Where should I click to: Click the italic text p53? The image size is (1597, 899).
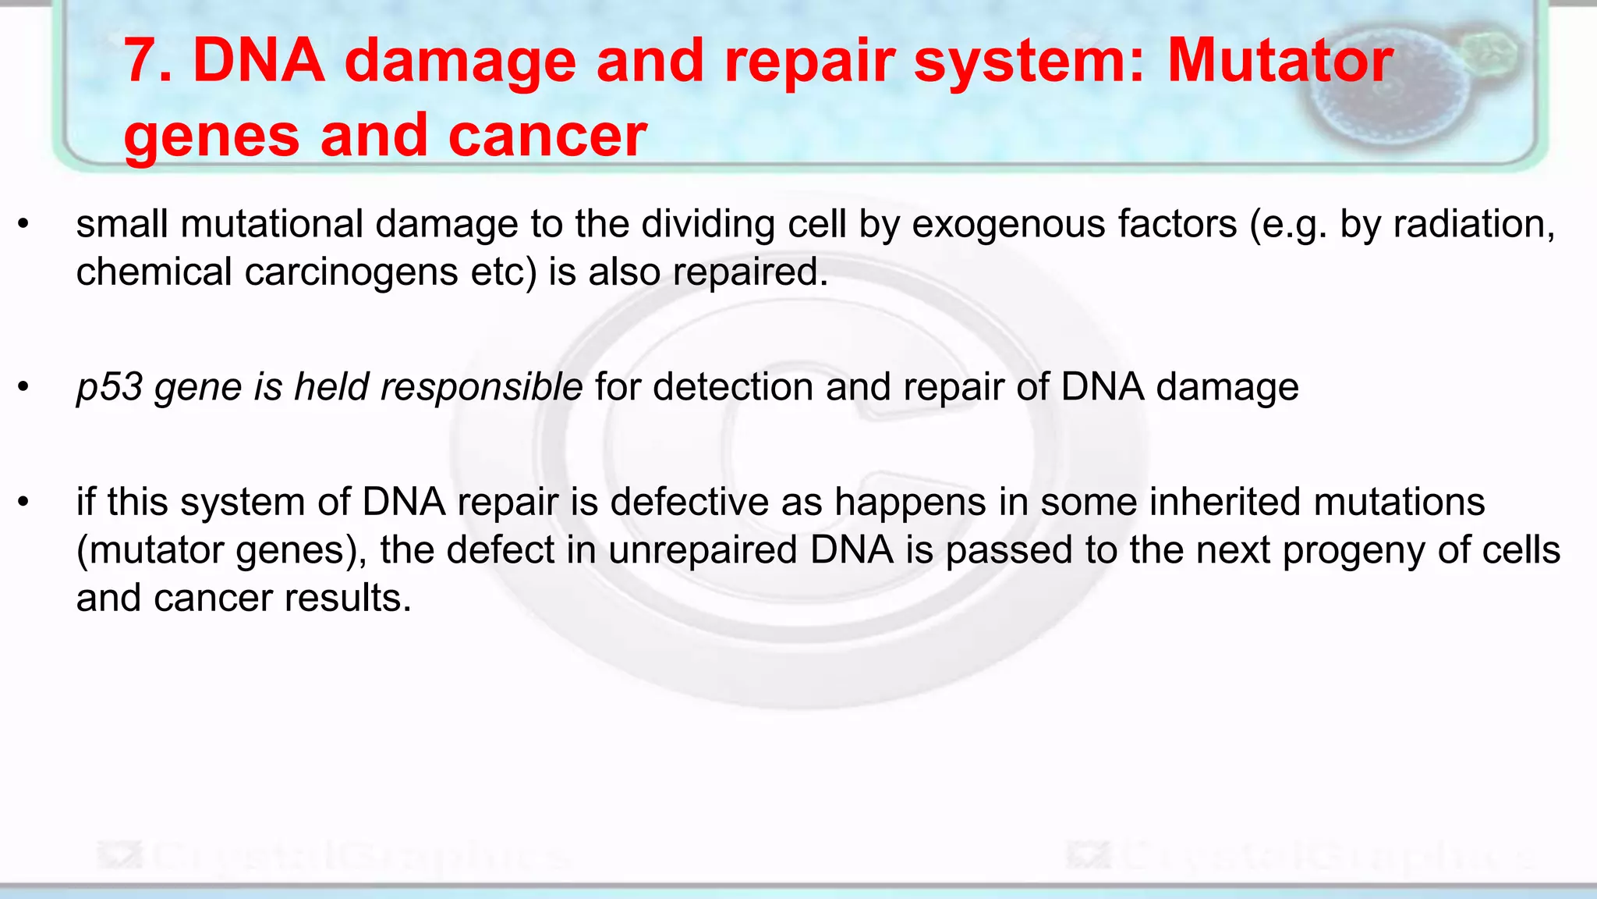[109, 388]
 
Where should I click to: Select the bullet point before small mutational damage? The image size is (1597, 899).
[23, 226]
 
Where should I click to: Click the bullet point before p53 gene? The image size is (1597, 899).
[23, 388]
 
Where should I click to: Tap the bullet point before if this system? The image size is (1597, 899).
[23, 502]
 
